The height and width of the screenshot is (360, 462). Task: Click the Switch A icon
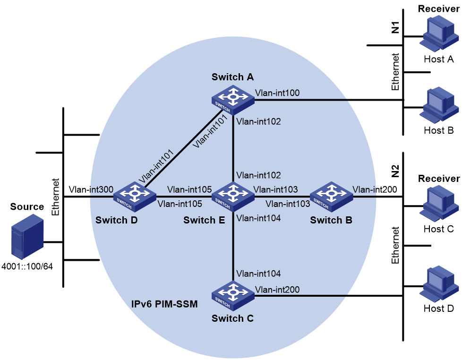pyautogui.click(x=233, y=100)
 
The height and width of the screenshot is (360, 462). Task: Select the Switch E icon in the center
pyautogui.click(x=233, y=197)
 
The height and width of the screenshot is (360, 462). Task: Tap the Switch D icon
pyautogui.click(x=135, y=197)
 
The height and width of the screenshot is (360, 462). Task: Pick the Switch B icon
pyautogui.click(x=331, y=197)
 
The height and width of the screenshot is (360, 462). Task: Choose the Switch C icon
pyautogui.click(x=233, y=296)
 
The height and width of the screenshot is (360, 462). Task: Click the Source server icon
pyautogui.click(x=27, y=237)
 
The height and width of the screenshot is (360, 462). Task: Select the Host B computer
pyautogui.click(x=439, y=104)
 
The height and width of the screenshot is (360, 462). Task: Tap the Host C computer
pyautogui.click(x=439, y=204)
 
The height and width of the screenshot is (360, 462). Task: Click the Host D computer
pyautogui.click(x=439, y=283)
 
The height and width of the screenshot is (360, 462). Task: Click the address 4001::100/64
pyautogui.click(x=27, y=266)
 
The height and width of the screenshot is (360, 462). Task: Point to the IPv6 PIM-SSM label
pyautogui.click(x=164, y=304)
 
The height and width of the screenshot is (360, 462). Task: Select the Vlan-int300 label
pyautogui.click(x=91, y=189)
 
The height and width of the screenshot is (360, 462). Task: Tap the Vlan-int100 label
pyautogui.click(x=277, y=93)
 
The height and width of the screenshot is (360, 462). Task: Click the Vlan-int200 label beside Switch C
pyautogui.click(x=277, y=290)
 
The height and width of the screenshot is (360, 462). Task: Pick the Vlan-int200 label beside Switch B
pyautogui.click(x=375, y=189)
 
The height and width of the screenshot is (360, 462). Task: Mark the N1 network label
pyautogui.click(x=395, y=27)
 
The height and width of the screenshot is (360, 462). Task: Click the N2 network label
pyautogui.click(x=395, y=171)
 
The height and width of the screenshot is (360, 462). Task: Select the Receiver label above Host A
pyautogui.click(x=439, y=9)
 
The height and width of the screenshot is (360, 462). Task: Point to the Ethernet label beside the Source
pyautogui.click(x=55, y=197)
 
